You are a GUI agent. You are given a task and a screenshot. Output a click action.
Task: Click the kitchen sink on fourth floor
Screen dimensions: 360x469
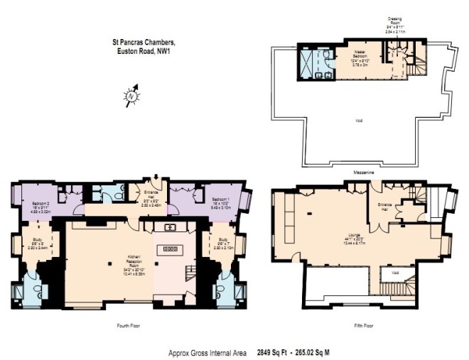point(171,227)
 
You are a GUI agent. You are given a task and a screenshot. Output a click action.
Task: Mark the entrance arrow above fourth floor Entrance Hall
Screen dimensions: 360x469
point(156,178)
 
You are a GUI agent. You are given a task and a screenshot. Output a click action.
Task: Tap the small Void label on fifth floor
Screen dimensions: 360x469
point(392,271)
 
